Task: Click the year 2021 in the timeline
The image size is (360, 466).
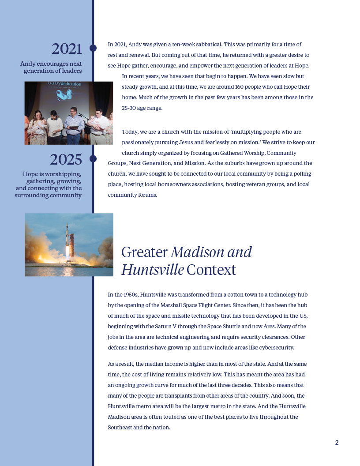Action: coord(67,49)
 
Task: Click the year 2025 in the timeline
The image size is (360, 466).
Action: coord(66,159)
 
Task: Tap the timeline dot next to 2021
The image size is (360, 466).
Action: coord(93,48)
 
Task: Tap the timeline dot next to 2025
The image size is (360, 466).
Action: coord(93,158)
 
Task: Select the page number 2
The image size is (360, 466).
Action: coord(337,443)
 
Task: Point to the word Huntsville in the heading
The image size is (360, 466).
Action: coord(152,270)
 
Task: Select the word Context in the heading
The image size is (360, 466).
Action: coord(211,270)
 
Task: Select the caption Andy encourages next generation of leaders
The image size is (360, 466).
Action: coord(51,67)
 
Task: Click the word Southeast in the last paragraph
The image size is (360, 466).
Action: coord(121,428)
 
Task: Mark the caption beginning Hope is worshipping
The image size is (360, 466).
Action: coord(49,184)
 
